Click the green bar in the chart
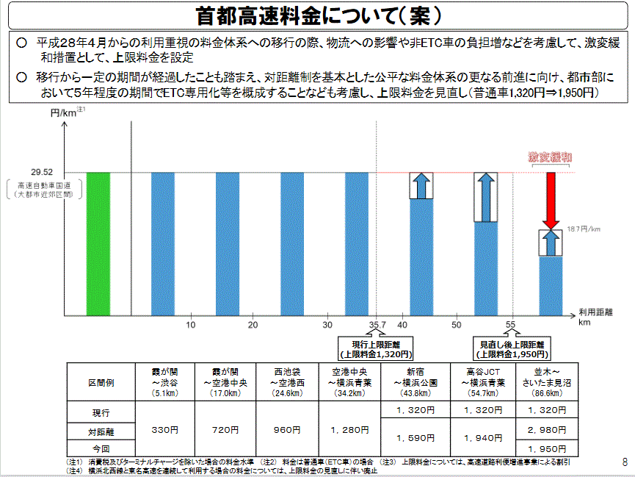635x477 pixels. coord(98,243)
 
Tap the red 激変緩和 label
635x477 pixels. coord(551,157)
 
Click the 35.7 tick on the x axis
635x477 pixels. coord(376,324)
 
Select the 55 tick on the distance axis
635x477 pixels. coord(510,324)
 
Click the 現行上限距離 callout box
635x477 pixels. coord(375,348)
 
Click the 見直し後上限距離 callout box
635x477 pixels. coord(512,348)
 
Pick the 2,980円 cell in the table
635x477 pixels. coord(545,429)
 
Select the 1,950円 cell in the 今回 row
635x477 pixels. coord(545,448)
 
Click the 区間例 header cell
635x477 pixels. coord(101,382)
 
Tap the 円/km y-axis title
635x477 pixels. coord(66,112)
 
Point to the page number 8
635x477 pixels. coord(625,463)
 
